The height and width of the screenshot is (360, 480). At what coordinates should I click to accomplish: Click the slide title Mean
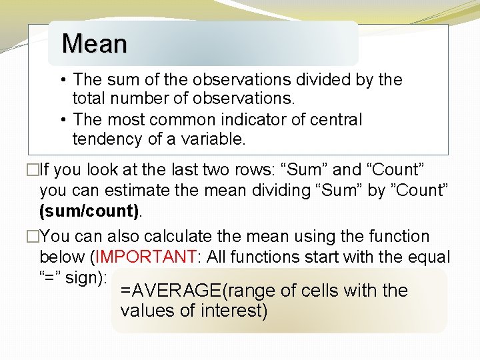[x=94, y=44]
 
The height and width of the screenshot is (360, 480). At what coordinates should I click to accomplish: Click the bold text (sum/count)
[x=89, y=211]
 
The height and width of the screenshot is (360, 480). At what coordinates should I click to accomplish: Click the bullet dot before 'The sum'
[x=61, y=80]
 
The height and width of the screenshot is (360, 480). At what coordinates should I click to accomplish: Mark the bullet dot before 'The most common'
[x=61, y=120]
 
